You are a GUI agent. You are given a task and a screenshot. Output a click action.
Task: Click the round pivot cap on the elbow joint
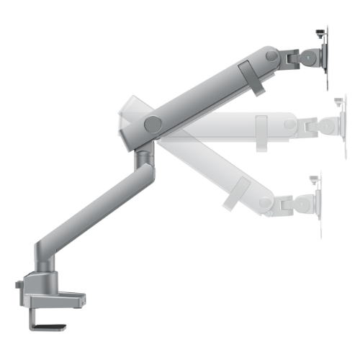152,124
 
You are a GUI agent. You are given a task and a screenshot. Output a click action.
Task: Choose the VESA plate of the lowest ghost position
319,205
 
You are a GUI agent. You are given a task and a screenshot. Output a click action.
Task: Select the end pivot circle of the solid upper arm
271,55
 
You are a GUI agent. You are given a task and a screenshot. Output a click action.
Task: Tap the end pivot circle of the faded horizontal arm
289,124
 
